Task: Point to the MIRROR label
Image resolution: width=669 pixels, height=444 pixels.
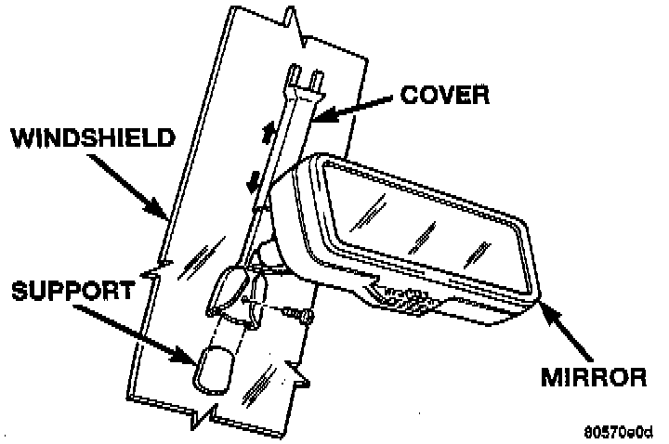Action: tap(593, 377)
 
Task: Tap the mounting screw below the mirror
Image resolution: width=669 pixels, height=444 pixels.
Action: tap(300, 317)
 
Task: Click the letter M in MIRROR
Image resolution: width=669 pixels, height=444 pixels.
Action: tap(552, 377)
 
